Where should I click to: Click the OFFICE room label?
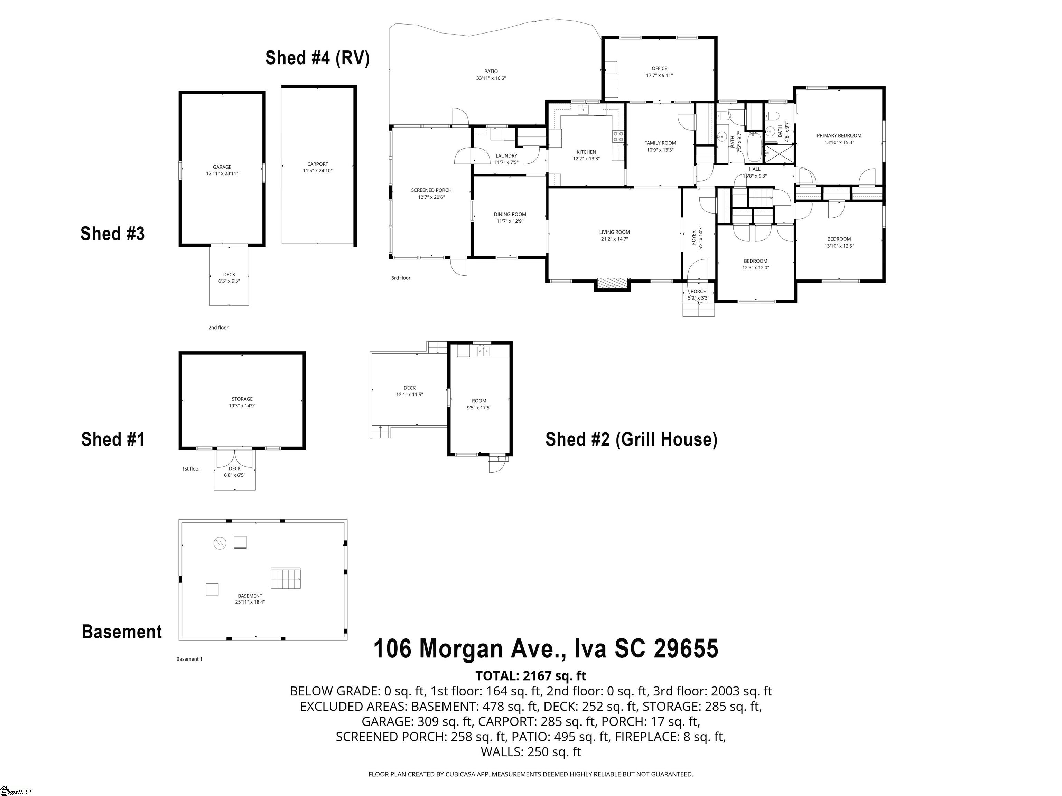659,72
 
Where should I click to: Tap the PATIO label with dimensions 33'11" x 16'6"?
491,74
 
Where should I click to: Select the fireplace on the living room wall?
612,284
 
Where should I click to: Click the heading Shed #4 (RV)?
317,58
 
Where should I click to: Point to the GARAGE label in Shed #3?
222,170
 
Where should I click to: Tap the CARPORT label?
317,167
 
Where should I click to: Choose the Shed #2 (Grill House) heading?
631,439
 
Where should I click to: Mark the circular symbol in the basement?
220,543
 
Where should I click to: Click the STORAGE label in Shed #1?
242,402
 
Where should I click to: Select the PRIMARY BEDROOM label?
839,139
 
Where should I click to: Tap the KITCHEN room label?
586,155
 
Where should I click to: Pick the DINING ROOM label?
510,217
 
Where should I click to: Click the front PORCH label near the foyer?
698,294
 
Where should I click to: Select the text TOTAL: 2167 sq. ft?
531,675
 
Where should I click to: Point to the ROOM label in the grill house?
479,404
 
